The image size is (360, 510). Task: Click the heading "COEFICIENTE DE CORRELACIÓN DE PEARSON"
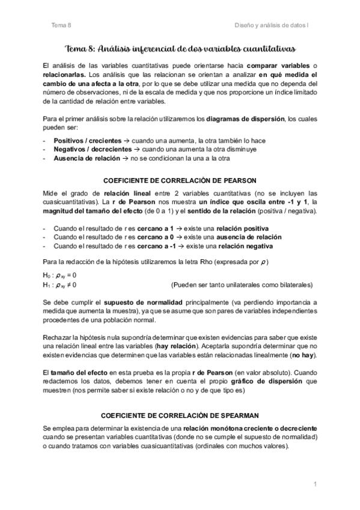pyautogui.click(x=180, y=180)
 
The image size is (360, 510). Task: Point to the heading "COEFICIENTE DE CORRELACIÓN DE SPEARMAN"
pyautogui.click(x=180, y=414)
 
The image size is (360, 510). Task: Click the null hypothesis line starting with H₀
pyautogui.click(x=60, y=275)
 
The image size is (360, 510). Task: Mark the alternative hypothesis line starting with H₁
pyautogui.click(x=60, y=284)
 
